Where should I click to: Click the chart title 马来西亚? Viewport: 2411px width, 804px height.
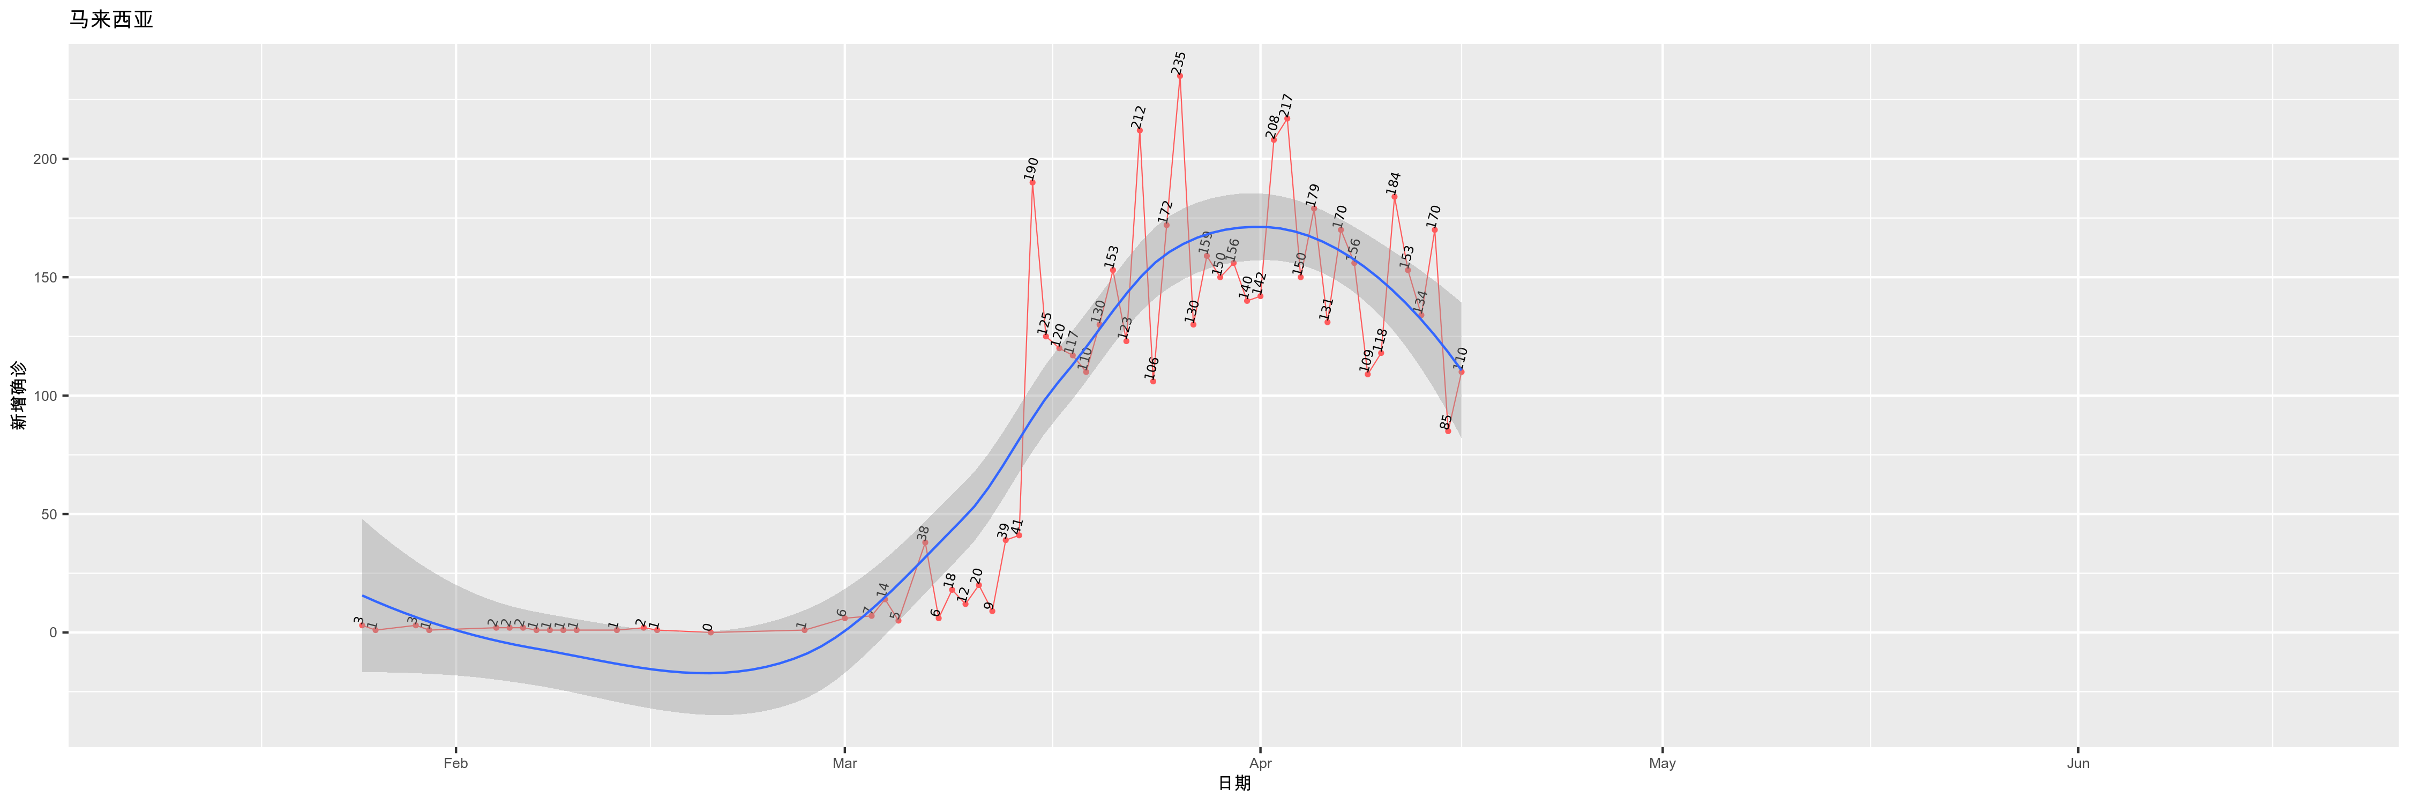[x=111, y=20]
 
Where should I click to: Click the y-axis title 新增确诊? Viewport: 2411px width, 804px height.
[x=19, y=396]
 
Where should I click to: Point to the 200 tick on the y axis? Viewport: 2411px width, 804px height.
[x=45, y=159]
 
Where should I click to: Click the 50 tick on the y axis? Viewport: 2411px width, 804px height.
[x=49, y=515]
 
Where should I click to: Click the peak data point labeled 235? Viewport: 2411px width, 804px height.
[x=1179, y=76]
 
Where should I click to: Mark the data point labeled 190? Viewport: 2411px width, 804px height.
[x=1032, y=183]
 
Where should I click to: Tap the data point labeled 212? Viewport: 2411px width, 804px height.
[x=1139, y=130]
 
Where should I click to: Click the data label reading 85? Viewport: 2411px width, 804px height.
[x=1446, y=421]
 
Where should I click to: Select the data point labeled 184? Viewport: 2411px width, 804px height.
[x=1395, y=197]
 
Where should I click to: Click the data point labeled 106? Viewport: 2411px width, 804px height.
[x=1153, y=382]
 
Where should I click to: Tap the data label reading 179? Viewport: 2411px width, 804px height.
[x=1313, y=195]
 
